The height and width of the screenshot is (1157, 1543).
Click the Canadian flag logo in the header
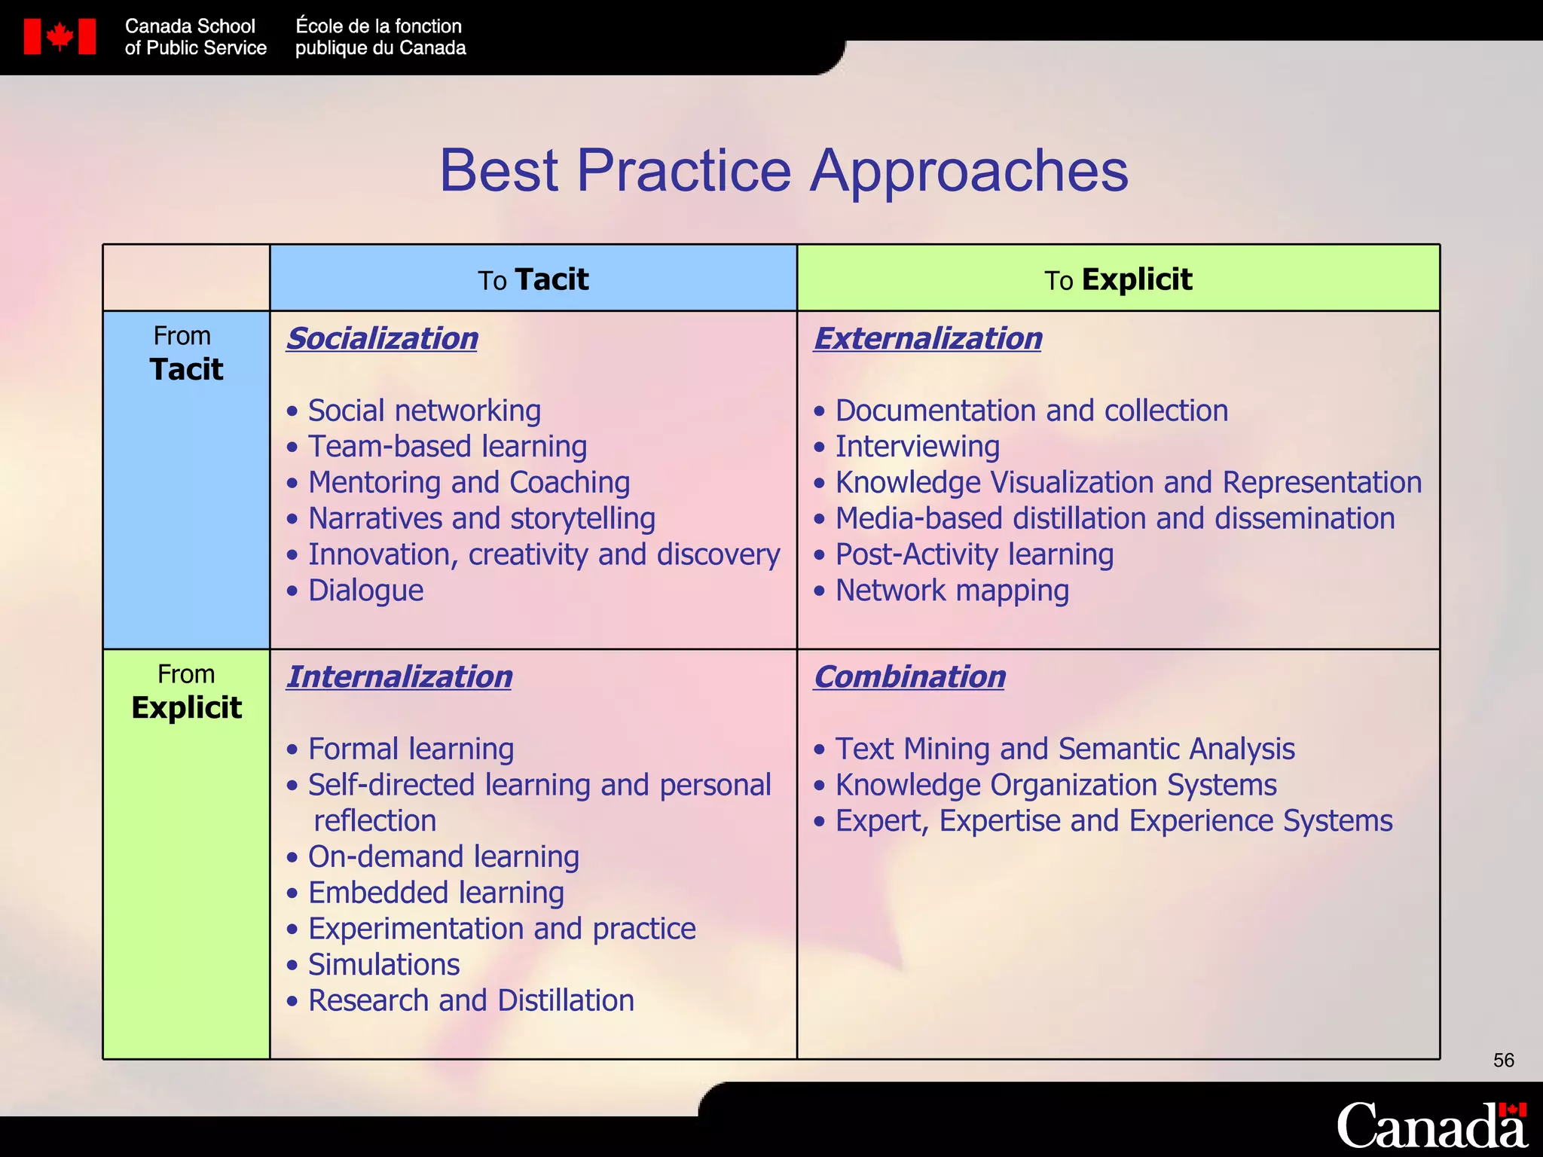[x=60, y=36]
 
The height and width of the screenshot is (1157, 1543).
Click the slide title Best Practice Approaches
[x=783, y=170]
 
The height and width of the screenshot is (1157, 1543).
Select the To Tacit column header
[x=533, y=279]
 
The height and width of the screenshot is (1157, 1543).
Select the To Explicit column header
[x=1117, y=279]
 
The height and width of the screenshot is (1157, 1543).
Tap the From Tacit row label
[x=186, y=353]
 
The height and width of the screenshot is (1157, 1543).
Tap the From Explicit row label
[x=186, y=691]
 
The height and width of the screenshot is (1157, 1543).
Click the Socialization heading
[x=382, y=338]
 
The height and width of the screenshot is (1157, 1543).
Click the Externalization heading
[x=927, y=338]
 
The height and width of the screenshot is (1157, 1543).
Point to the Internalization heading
[x=399, y=676]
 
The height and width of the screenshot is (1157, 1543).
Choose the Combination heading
[x=909, y=676]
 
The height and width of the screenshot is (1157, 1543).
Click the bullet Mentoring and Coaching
[x=469, y=482]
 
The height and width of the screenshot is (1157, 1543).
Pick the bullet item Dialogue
[x=365, y=590]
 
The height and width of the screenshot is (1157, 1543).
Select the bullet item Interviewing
[x=917, y=446]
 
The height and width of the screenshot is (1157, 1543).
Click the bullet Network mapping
[x=952, y=590]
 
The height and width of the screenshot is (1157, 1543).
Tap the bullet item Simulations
[x=383, y=964]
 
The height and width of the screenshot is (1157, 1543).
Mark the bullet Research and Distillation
[x=471, y=1000]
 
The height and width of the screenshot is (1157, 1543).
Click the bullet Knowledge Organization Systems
[x=1056, y=785]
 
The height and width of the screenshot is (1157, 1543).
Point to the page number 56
[x=1503, y=1061]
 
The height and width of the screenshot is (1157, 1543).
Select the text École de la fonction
[x=378, y=26]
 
